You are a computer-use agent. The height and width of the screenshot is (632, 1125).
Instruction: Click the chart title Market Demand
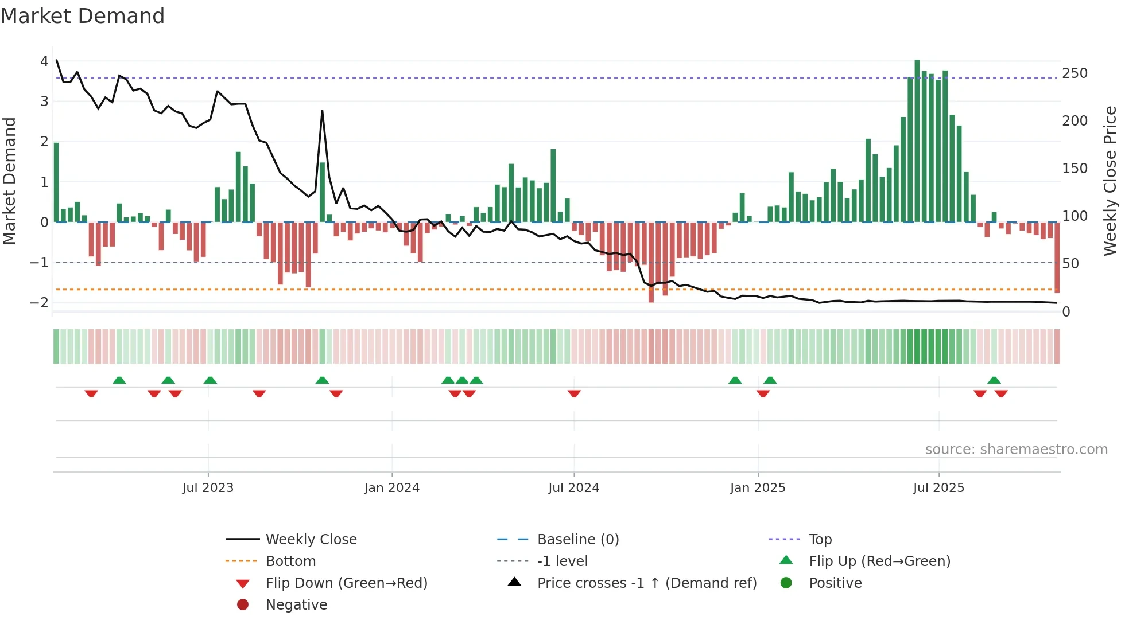83,16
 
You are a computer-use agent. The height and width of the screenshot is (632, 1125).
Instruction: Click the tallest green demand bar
917,141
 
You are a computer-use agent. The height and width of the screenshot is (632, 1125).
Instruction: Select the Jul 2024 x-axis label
573,488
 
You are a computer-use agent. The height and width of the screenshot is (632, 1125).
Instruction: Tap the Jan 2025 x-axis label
757,488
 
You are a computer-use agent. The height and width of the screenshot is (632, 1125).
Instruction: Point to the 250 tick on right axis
1074,73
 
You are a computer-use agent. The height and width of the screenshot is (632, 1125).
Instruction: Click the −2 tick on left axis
40,302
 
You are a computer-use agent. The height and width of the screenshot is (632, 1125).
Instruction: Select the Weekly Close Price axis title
1110,181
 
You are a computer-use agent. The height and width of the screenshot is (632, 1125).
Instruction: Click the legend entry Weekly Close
311,540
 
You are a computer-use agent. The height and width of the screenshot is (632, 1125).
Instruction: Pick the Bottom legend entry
290,561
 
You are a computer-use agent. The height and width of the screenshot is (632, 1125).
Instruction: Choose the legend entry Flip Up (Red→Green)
879,561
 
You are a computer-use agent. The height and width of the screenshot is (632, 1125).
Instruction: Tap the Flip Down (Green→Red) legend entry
346,583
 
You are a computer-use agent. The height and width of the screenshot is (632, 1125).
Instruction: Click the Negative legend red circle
243,605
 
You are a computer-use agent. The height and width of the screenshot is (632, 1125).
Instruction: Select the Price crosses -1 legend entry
646,583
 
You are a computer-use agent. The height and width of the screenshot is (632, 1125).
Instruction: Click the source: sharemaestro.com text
1016,450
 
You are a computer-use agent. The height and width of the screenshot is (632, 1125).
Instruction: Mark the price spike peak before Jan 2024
322,111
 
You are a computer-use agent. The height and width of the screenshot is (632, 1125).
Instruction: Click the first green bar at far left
56,182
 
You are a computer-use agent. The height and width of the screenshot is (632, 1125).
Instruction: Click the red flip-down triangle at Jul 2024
574,393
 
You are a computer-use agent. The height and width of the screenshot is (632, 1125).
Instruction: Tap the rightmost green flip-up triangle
994,380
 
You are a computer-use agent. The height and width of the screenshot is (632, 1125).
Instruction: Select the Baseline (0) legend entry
577,540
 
